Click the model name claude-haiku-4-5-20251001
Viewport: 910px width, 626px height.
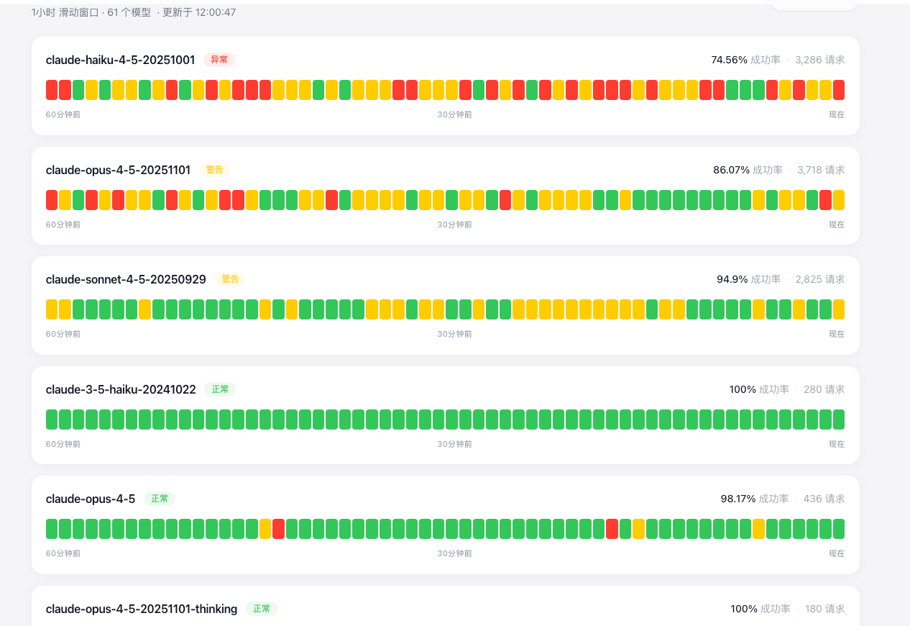click(120, 60)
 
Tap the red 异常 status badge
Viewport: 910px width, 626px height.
click(219, 60)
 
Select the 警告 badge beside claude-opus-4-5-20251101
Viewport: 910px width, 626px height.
click(214, 170)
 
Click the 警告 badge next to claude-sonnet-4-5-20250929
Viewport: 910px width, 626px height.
click(230, 279)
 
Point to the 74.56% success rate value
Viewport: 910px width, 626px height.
click(729, 60)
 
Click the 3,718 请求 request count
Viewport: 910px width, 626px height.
click(821, 170)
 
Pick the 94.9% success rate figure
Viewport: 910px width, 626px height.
click(732, 279)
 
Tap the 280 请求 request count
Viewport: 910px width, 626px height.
click(824, 389)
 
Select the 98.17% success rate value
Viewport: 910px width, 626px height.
click(738, 499)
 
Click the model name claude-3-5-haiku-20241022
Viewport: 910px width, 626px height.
click(121, 389)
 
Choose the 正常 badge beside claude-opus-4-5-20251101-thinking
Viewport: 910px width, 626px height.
click(261, 609)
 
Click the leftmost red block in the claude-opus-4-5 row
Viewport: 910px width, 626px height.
click(278, 529)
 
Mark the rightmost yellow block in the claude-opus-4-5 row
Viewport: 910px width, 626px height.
click(758, 529)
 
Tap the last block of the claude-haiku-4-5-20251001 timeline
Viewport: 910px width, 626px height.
click(839, 90)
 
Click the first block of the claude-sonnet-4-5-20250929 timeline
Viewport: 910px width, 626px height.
click(52, 309)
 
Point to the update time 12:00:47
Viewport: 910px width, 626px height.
click(216, 13)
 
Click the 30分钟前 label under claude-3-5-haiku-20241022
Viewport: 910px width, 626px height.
click(454, 444)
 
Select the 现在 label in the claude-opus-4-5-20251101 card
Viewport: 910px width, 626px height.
click(837, 224)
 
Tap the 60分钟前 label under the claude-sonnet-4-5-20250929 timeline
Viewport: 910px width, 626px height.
click(63, 334)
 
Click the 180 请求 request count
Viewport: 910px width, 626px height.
click(824, 609)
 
